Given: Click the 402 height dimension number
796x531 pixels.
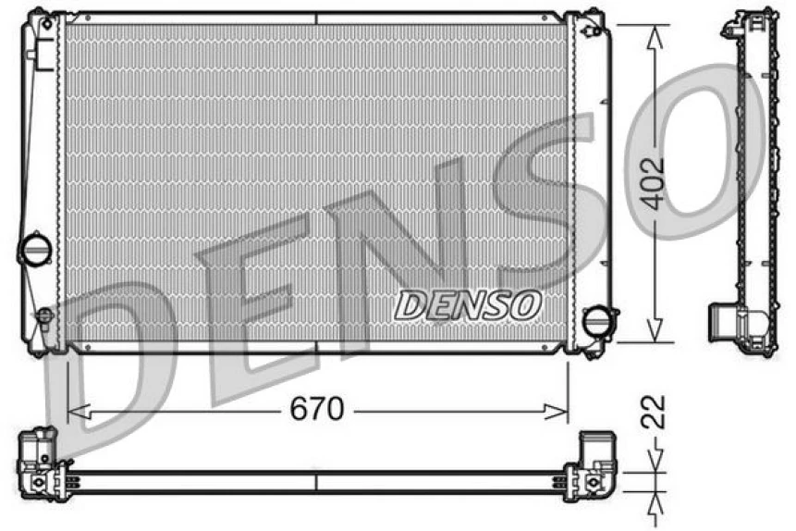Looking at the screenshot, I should point(655,183).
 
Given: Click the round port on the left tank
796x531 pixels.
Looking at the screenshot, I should point(36,249).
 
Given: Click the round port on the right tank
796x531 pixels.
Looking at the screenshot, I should point(598,321).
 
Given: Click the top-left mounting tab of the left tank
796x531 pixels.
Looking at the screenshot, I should point(39,19).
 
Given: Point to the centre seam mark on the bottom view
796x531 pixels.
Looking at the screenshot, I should point(317,482).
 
